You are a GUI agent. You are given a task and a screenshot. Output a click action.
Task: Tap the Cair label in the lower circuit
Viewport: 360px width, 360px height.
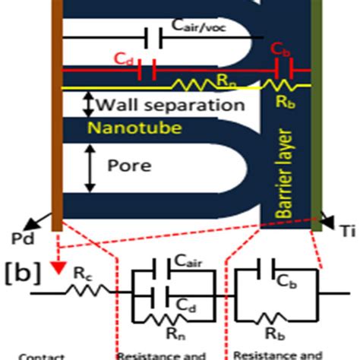point(193,261)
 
